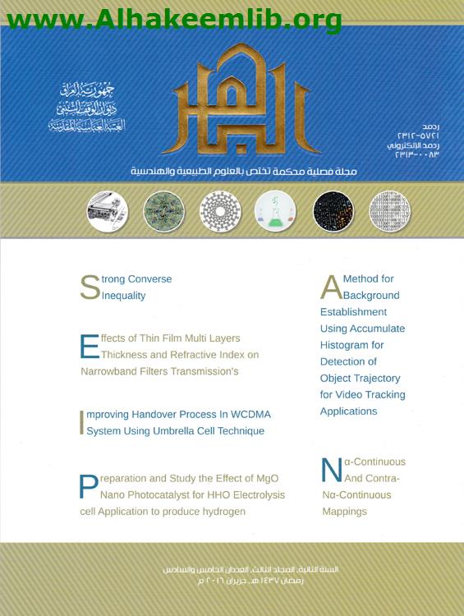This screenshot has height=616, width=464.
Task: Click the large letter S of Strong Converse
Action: pos(90,287)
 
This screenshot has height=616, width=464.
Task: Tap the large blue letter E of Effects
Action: pos(89,347)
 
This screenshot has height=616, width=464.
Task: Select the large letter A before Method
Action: pos(330,287)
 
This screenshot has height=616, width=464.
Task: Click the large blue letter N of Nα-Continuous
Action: pos(331,470)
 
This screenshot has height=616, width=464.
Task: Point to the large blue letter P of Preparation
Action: pos(89,486)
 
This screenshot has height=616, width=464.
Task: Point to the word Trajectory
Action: pos(377,378)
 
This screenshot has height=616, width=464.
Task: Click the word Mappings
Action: pos(344,512)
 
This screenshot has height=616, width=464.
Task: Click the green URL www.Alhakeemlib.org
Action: pos(173,17)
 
